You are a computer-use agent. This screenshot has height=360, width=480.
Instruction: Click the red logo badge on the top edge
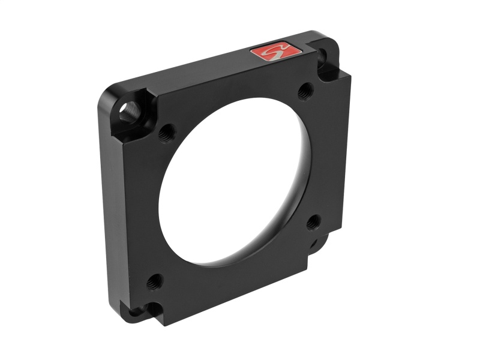(274, 52)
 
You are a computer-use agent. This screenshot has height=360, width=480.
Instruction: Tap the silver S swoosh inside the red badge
(274, 52)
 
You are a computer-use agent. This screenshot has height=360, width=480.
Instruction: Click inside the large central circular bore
(237, 180)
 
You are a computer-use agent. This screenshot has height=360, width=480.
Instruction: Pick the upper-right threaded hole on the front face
(304, 92)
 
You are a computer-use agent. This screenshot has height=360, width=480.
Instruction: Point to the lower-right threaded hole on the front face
(313, 223)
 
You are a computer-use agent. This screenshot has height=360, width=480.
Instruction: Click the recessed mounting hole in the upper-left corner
(128, 111)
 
